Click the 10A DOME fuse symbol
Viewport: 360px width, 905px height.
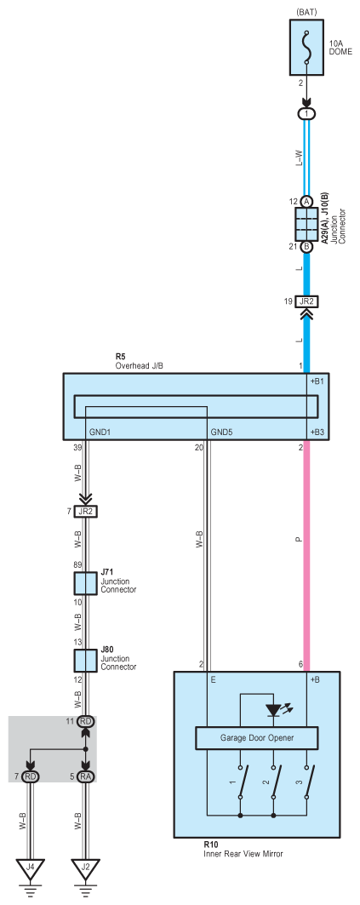click(306, 48)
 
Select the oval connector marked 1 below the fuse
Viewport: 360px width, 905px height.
click(306, 114)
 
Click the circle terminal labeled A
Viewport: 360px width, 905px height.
click(306, 202)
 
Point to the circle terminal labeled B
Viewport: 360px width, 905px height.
click(306, 246)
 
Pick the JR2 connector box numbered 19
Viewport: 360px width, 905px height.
click(306, 301)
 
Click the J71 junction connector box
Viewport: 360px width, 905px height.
click(85, 583)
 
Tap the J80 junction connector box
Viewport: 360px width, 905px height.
click(85, 661)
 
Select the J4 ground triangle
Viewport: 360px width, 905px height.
click(30, 868)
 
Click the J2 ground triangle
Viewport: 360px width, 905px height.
click(85, 868)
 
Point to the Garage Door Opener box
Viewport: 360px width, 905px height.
click(257, 737)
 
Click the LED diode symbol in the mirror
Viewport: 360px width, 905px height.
click(273, 711)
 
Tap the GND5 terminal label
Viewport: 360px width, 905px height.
click(222, 432)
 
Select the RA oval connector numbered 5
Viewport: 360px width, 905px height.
click(85, 776)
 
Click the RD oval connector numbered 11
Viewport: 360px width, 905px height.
click(85, 721)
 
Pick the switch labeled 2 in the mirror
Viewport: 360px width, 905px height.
click(275, 782)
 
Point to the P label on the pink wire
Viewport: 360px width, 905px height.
click(298, 540)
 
